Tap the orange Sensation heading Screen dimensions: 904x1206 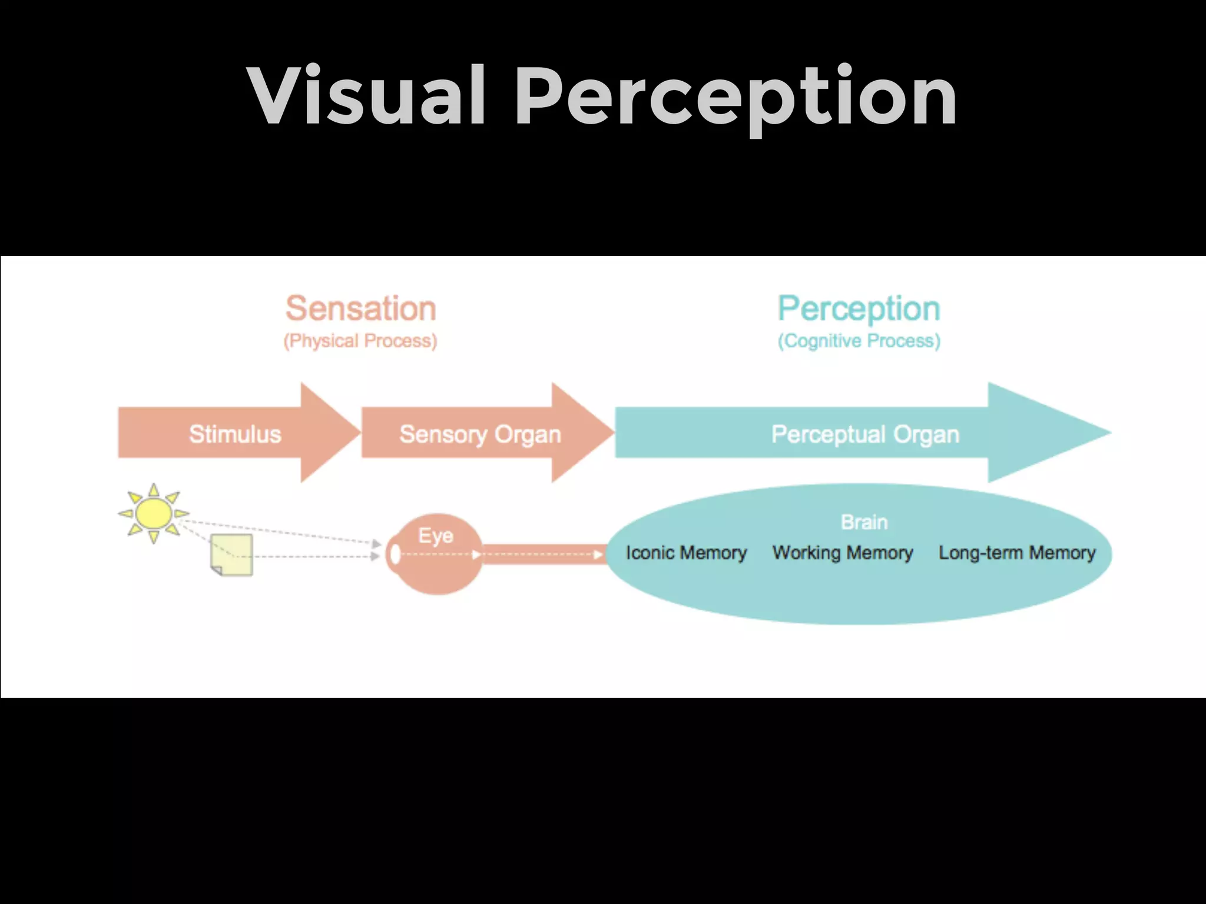pyautogui.click(x=360, y=308)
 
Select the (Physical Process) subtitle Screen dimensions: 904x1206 pyautogui.click(x=360, y=341)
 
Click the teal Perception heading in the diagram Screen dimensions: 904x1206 pyautogui.click(x=859, y=308)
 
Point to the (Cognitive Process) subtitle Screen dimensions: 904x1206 pyautogui.click(x=859, y=341)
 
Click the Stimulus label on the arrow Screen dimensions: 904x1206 pyautogui.click(x=235, y=434)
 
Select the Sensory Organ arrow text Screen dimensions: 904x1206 pyautogui.click(x=480, y=434)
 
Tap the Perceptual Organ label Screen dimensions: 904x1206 pyautogui.click(x=865, y=434)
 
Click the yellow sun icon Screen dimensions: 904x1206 pyautogui.click(x=153, y=513)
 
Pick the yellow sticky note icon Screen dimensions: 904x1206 pyautogui.click(x=232, y=555)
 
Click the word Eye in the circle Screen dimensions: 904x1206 pyautogui.click(x=436, y=536)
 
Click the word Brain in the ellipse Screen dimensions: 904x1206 pyautogui.click(x=864, y=522)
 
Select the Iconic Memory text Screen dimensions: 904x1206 pyautogui.click(x=686, y=553)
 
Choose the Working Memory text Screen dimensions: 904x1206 pyautogui.click(x=843, y=553)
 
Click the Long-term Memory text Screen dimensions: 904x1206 pyautogui.click(x=1017, y=553)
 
